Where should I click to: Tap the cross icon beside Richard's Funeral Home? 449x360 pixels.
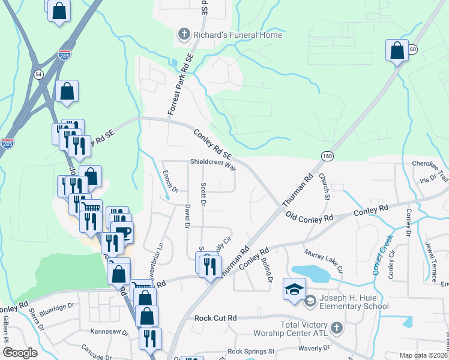coord(184,35)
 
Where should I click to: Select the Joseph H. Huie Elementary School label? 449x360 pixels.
coord(352,301)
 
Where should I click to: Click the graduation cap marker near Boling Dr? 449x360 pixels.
coord(295,289)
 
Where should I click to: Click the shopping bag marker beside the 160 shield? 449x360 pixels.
coord(397,50)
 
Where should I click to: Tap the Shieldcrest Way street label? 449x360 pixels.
coord(213,163)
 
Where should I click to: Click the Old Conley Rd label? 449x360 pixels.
coord(309,217)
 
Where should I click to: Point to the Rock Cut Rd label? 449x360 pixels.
coord(215,317)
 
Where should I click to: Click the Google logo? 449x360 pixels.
coord(20,353)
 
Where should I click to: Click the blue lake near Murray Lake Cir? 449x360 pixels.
coord(311,274)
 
